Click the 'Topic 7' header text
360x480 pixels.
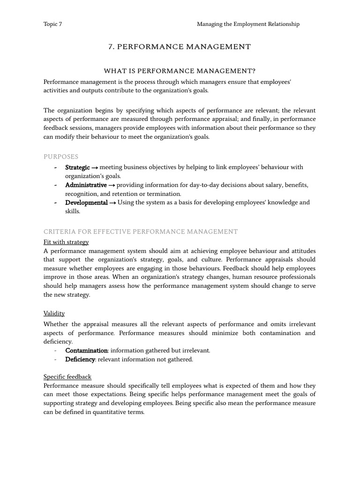(52, 24)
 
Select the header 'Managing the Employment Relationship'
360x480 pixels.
(248, 24)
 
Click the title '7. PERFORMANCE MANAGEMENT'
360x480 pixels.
(180, 47)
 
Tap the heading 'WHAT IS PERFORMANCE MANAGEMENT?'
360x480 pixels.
(180, 71)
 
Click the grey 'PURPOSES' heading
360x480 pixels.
(61, 157)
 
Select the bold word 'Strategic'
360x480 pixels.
(77, 167)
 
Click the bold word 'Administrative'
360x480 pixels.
(86, 185)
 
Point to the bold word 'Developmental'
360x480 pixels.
(86, 202)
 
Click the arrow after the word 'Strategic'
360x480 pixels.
(94, 167)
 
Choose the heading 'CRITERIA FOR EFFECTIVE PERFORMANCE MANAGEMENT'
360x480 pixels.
(141, 232)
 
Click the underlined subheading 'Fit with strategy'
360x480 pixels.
(66, 242)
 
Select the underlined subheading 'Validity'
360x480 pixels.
(54, 313)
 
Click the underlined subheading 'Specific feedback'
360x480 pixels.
(67, 376)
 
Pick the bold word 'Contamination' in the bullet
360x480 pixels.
(86, 351)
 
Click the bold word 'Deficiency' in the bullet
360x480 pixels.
(80, 360)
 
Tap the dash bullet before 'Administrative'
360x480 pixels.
(56, 185)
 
